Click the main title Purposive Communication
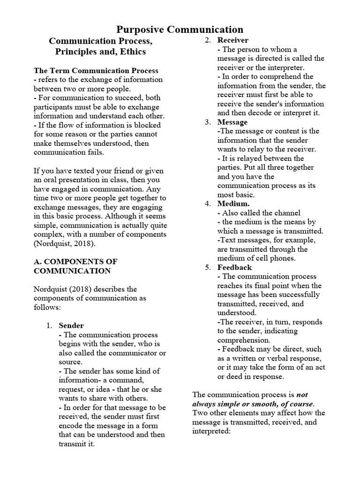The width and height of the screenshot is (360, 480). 180,30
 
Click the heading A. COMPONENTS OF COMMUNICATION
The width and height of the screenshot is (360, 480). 75,266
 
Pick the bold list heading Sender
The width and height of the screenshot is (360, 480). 71,325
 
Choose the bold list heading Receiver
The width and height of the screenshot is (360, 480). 233,40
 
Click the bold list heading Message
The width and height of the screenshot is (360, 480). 232,122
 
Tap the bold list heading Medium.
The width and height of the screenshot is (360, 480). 233,203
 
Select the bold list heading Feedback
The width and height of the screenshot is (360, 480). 234,267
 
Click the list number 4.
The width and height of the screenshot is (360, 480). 208,203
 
